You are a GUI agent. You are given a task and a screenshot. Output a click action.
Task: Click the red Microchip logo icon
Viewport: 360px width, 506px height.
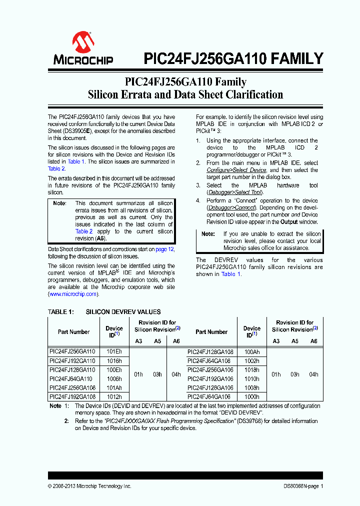(83, 42)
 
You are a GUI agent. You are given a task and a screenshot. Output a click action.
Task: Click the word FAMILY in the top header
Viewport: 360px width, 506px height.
(297, 59)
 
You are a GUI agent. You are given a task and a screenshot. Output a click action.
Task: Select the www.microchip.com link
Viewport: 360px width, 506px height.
(72, 294)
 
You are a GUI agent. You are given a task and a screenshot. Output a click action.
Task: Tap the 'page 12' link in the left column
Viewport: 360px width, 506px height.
(164, 249)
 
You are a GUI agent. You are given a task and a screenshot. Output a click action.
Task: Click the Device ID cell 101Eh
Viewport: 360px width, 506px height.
(114, 351)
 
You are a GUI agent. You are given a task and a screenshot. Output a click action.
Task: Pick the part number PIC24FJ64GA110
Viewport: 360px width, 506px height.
(71, 378)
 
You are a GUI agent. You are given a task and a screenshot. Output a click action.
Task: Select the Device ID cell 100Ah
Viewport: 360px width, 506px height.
(251, 351)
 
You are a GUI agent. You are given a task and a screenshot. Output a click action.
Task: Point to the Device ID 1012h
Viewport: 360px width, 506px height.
(114, 396)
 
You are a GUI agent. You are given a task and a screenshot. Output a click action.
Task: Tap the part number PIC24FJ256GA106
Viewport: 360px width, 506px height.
(210, 369)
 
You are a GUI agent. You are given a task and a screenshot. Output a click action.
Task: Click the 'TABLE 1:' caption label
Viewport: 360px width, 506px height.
(60, 311)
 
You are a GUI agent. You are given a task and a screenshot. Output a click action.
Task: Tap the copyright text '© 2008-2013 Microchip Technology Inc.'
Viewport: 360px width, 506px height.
(89, 486)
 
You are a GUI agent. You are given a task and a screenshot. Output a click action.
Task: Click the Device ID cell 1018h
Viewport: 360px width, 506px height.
(251, 369)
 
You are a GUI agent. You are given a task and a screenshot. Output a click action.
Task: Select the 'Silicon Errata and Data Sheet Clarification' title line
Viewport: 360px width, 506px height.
(185, 94)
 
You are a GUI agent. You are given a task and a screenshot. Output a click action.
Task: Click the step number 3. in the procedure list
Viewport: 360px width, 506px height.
(198, 185)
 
